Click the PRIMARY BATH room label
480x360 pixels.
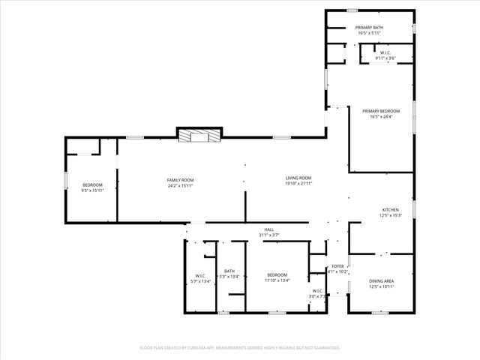(x=370, y=28)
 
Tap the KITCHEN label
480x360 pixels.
(x=390, y=210)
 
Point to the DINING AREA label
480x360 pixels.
(x=382, y=280)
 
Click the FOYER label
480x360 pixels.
(x=338, y=266)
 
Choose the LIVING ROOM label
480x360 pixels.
(x=298, y=178)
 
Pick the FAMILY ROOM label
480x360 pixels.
(x=180, y=180)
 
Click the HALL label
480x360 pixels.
(x=268, y=229)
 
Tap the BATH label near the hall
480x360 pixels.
(x=229, y=271)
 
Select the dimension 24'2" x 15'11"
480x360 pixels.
(x=180, y=185)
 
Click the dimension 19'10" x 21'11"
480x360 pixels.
(x=298, y=184)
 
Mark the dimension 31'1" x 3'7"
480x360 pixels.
(x=268, y=235)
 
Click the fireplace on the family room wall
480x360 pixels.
(x=199, y=136)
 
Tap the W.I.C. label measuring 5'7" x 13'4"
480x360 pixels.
(x=201, y=275)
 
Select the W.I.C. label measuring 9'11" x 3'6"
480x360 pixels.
(x=385, y=52)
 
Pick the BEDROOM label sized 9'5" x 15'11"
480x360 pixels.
(x=92, y=184)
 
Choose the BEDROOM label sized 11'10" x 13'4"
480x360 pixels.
(x=277, y=275)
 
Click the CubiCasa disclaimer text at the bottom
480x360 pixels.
(x=240, y=348)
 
